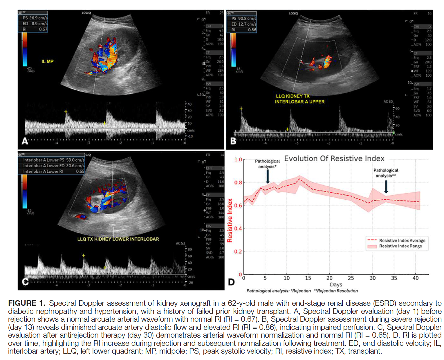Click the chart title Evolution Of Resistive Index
click(334, 159)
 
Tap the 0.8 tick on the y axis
click(238, 183)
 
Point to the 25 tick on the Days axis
click(351, 278)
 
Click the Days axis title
click(336, 285)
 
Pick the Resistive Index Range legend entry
click(400, 246)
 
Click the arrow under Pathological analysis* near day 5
click(268, 176)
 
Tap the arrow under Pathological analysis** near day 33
click(386, 187)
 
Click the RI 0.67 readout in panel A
click(35, 29)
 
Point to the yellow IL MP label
click(47, 62)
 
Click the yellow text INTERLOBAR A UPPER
click(299, 102)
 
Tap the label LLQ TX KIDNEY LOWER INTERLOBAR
click(118, 239)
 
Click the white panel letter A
click(25, 141)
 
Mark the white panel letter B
click(233, 141)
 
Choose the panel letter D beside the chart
click(231, 282)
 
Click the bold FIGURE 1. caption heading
click(27, 303)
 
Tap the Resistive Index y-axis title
click(230, 220)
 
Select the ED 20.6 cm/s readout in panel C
click(54, 166)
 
